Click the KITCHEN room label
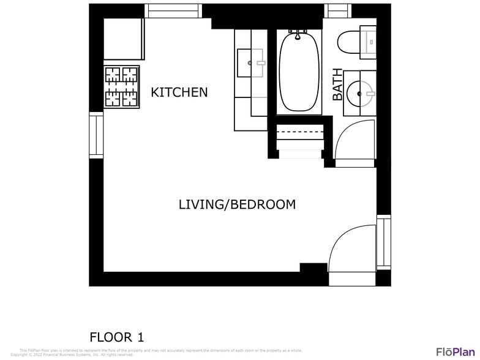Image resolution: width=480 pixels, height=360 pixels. click(179, 92)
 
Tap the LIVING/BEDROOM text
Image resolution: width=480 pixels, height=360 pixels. click(237, 204)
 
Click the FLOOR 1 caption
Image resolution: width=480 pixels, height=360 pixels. click(117, 337)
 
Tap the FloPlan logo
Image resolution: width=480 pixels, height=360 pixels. click(456, 351)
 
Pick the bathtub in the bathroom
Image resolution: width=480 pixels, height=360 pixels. click(300, 72)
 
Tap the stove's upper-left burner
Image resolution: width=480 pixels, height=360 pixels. click(113, 75)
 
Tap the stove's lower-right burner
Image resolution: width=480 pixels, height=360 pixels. click(130, 97)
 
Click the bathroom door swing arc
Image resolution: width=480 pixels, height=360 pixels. click(356, 142)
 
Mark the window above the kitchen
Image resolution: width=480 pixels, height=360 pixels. click(173, 11)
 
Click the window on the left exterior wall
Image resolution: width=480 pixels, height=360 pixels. click(96, 135)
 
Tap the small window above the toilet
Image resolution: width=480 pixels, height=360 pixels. click(337, 11)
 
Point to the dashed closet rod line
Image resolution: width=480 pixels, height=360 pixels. click(300, 131)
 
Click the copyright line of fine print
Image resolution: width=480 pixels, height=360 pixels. click(72, 354)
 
